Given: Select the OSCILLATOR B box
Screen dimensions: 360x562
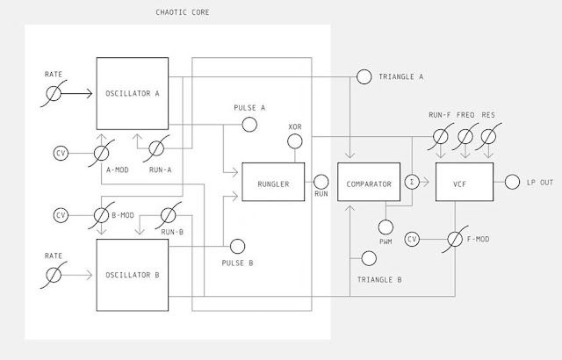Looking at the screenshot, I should point(132,275).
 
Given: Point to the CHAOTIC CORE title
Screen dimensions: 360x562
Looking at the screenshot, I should point(182,12).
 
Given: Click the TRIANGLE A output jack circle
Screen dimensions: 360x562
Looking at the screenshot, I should point(364,77).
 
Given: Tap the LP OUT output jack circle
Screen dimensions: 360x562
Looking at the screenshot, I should point(513,182).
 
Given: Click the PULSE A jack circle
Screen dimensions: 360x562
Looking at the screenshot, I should point(249,125).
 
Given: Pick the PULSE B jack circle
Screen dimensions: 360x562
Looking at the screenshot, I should point(235,247).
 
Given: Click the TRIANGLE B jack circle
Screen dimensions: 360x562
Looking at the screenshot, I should point(364,258).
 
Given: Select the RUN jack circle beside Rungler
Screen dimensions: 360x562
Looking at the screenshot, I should point(321,183).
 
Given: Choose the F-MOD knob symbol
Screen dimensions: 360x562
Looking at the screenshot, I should point(455,239).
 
